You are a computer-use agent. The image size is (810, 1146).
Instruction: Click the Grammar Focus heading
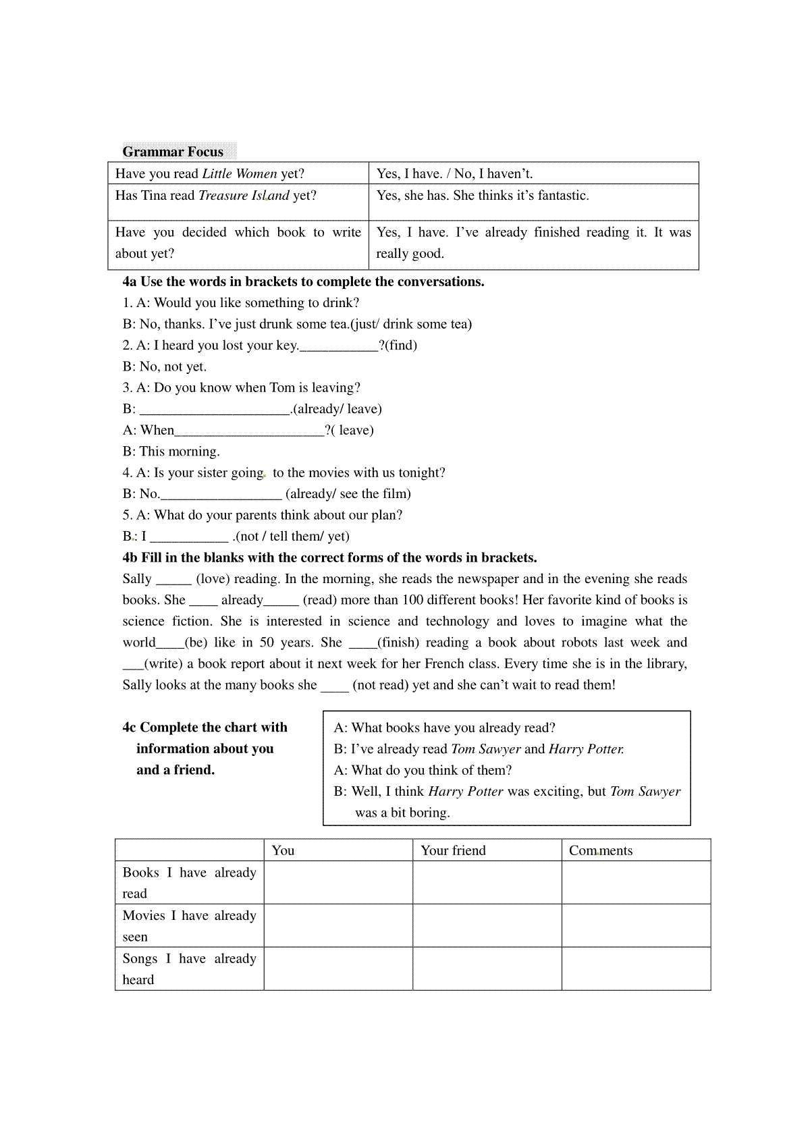pyautogui.click(x=173, y=151)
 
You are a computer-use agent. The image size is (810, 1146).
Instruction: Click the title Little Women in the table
pyautogui.click(x=240, y=173)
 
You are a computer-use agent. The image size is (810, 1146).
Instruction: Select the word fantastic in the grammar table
pyautogui.click(x=563, y=195)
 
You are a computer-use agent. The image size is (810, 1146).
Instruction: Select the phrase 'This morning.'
pyautogui.click(x=180, y=451)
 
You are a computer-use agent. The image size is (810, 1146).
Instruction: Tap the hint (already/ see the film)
pyautogui.click(x=348, y=493)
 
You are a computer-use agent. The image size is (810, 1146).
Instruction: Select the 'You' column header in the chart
pyautogui.click(x=283, y=850)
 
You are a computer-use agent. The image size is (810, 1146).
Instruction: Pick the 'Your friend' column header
pyautogui.click(x=453, y=850)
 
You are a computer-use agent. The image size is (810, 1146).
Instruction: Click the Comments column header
pyautogui.click(x=601, y=850)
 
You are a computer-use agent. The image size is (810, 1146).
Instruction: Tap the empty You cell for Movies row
pyautogui.click(x=338, y=925)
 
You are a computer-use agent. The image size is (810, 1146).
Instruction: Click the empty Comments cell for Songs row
pyautogui.click(x=636, y=968)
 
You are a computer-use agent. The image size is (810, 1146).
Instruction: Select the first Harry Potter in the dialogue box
pyautogui.click(x=586, y=748)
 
